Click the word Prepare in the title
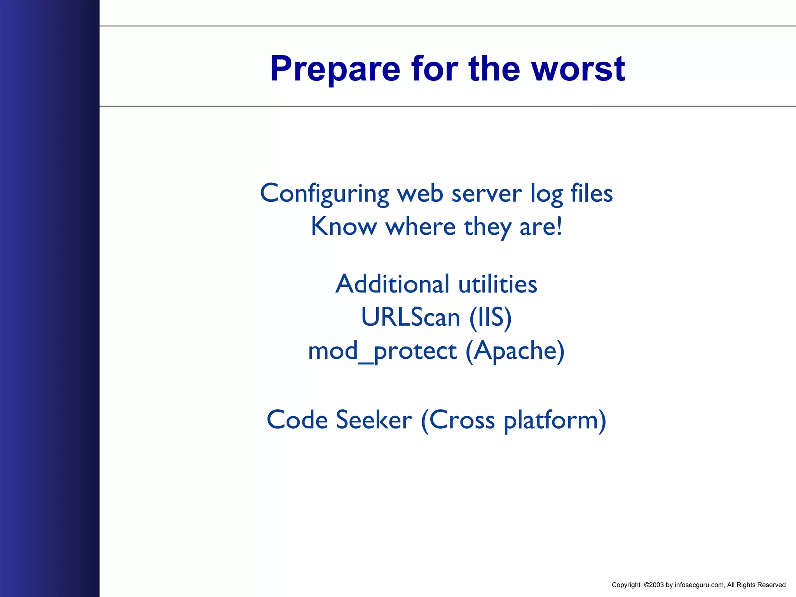[x=335, y=69]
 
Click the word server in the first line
[x=487, y=193]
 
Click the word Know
[x=344, y=226]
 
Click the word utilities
[x=498, y=284]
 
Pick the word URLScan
[x=410, y=317]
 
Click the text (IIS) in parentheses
[x=491, y=318]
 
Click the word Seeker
[x=374, y=420]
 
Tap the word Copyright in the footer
[x=626, y=585]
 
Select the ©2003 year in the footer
[x=653, y=585]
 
